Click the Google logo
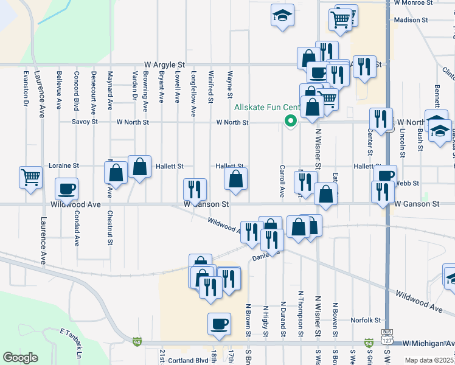tap(20, 358)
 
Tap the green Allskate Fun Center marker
tap(291, 120)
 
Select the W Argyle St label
tap(164, 64)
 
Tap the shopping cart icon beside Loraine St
tap(30, 178)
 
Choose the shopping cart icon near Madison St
tap(341, 18)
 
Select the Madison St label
tap(411, 20)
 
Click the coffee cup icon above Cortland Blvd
tap(219, 324)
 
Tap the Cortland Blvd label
tap(189, 361)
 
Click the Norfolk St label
tap(366, 321)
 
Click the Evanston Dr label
tap(26, 89)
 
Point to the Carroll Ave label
tap(282, 181)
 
